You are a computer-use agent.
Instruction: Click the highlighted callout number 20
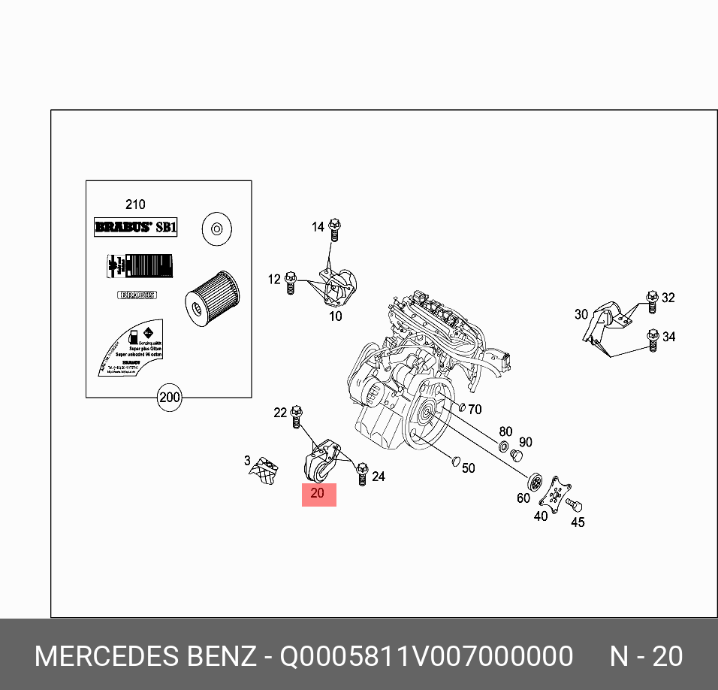(318, 495)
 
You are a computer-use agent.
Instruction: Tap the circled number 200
(170, 397)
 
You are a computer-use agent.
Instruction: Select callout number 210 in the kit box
(135, 204)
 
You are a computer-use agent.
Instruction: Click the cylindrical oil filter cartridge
(212, 298)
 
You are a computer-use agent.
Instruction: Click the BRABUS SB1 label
(135, 227)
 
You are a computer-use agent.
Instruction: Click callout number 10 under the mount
(335, 316)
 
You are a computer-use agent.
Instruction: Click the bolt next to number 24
(362, 474)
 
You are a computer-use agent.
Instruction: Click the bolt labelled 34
(653, 340)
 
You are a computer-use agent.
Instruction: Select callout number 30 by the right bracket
(581, 314)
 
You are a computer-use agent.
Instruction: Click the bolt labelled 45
(574, 506)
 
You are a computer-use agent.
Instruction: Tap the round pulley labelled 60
(535, 481)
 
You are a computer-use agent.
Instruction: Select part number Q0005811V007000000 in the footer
(427, 656)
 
